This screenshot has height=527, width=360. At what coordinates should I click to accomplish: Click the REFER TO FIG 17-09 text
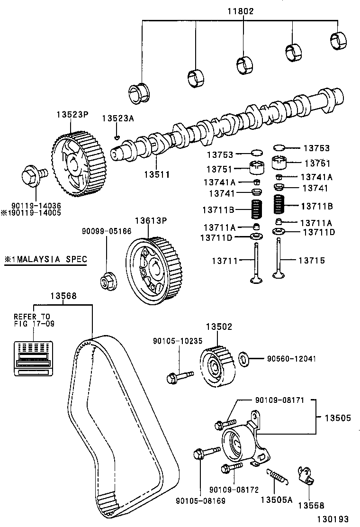(32, 320)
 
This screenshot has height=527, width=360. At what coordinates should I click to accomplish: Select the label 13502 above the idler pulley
(218, 327)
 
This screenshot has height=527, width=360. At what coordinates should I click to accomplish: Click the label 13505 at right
(338, 418)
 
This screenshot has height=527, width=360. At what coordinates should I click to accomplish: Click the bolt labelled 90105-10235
(179, 377)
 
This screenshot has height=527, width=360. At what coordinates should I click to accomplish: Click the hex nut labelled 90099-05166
(106, 282)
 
